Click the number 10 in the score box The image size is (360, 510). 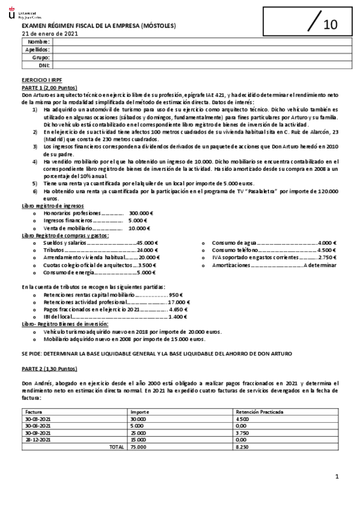(x=331, y=25)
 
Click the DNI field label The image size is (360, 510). (x=44, y=64)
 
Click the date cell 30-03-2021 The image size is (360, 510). (x=37, y=419)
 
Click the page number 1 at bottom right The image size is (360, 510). (x=337, y=477)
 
